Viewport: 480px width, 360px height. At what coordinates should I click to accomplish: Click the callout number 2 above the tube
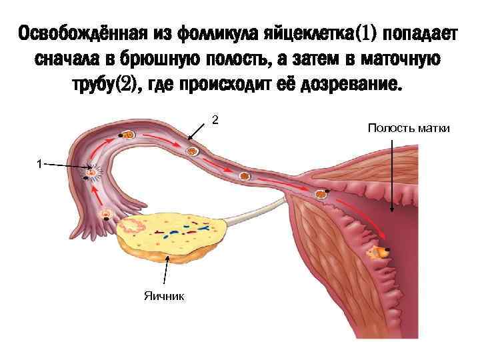(215, 120)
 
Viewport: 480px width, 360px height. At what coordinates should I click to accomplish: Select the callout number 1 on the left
(40, 163)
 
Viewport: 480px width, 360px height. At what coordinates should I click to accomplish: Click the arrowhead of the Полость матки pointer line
(391, 211)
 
